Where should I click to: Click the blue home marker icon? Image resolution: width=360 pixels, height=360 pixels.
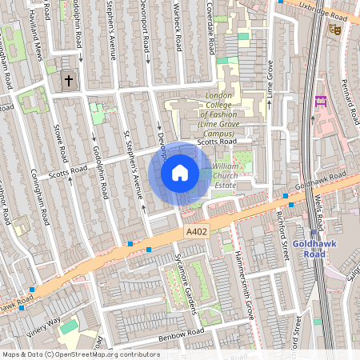(180, 173)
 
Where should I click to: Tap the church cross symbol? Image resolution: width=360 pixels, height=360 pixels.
(69, 80)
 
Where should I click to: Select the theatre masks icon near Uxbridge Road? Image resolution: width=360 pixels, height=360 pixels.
(335, 28)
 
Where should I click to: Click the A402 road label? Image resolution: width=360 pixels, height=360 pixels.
(198, 231)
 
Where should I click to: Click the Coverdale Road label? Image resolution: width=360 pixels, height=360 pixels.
(209, 16)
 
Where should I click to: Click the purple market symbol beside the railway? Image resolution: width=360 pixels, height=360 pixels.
(322, 102)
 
